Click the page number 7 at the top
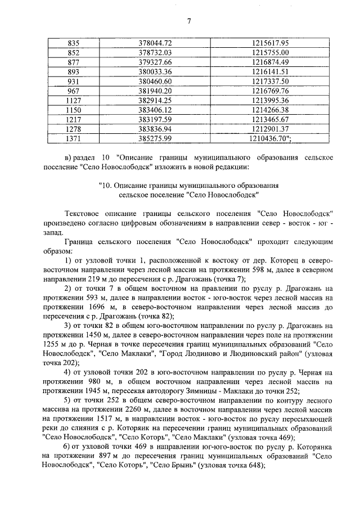point(189,21)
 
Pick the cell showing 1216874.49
point(267,62)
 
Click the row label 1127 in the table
point(74,100)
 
